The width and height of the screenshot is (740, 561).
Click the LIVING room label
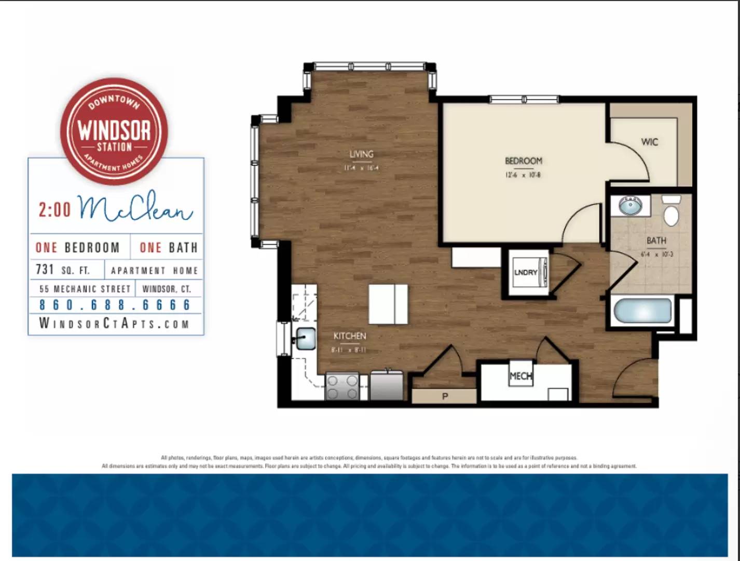click(361, 154)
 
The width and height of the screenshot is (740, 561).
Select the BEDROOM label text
click(523, 161)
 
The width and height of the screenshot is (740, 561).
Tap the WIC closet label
click(649, 142)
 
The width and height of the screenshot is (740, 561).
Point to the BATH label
click(656, 241)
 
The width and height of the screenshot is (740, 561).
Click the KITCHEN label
click(349, 336)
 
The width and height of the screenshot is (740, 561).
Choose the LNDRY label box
click(526, 272)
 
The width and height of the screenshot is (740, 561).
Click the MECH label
click(520, 376)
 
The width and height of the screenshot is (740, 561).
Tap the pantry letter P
click(445, 396)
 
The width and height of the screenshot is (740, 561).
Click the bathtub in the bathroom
click(642, 311)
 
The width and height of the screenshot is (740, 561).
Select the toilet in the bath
click(671, 211)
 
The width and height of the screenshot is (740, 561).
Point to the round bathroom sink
click(630, 206)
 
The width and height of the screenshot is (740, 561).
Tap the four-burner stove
click(342, 387)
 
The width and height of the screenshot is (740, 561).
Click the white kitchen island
click(388, 304)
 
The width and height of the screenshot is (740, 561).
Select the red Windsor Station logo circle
click(114, 131)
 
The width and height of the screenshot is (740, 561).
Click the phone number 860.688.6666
click(115, 305)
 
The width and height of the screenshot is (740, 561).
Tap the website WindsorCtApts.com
click(115, 324)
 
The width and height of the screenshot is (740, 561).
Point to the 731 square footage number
click(45, 270)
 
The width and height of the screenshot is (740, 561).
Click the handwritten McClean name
click(135, 207)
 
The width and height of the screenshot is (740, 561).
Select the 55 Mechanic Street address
click(85, 288)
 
